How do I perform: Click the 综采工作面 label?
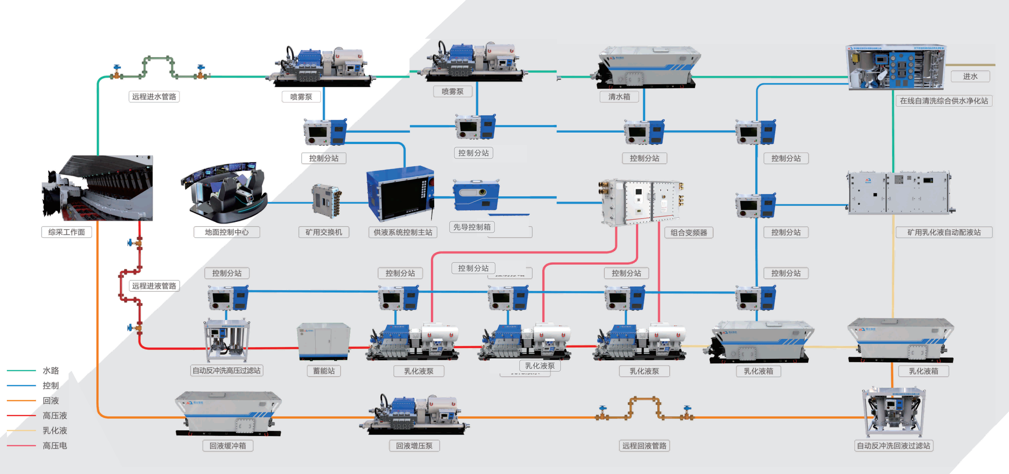pos(67,232)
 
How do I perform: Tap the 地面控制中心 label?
pos(226,232)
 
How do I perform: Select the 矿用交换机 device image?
pos(326,201)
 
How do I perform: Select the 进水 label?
pos(970,76)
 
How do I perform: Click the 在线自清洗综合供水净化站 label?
pos(944,101)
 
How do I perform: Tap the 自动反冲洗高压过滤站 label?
pos(226,370)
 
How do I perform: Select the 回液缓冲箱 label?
pos(228,445)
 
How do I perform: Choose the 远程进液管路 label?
pos(154,286)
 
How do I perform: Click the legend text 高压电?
pos(55,445)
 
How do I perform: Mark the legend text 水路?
pos(51,370)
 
